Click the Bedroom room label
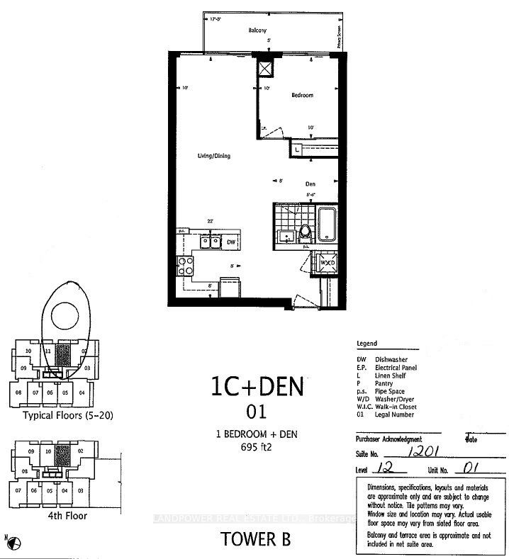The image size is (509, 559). (301, 95)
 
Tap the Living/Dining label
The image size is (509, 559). (213, 156)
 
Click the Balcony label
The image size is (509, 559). (257, 31)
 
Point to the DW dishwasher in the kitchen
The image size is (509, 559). (230, 242)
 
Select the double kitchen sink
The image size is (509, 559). (208, 243)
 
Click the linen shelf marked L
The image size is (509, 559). (298, 149)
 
